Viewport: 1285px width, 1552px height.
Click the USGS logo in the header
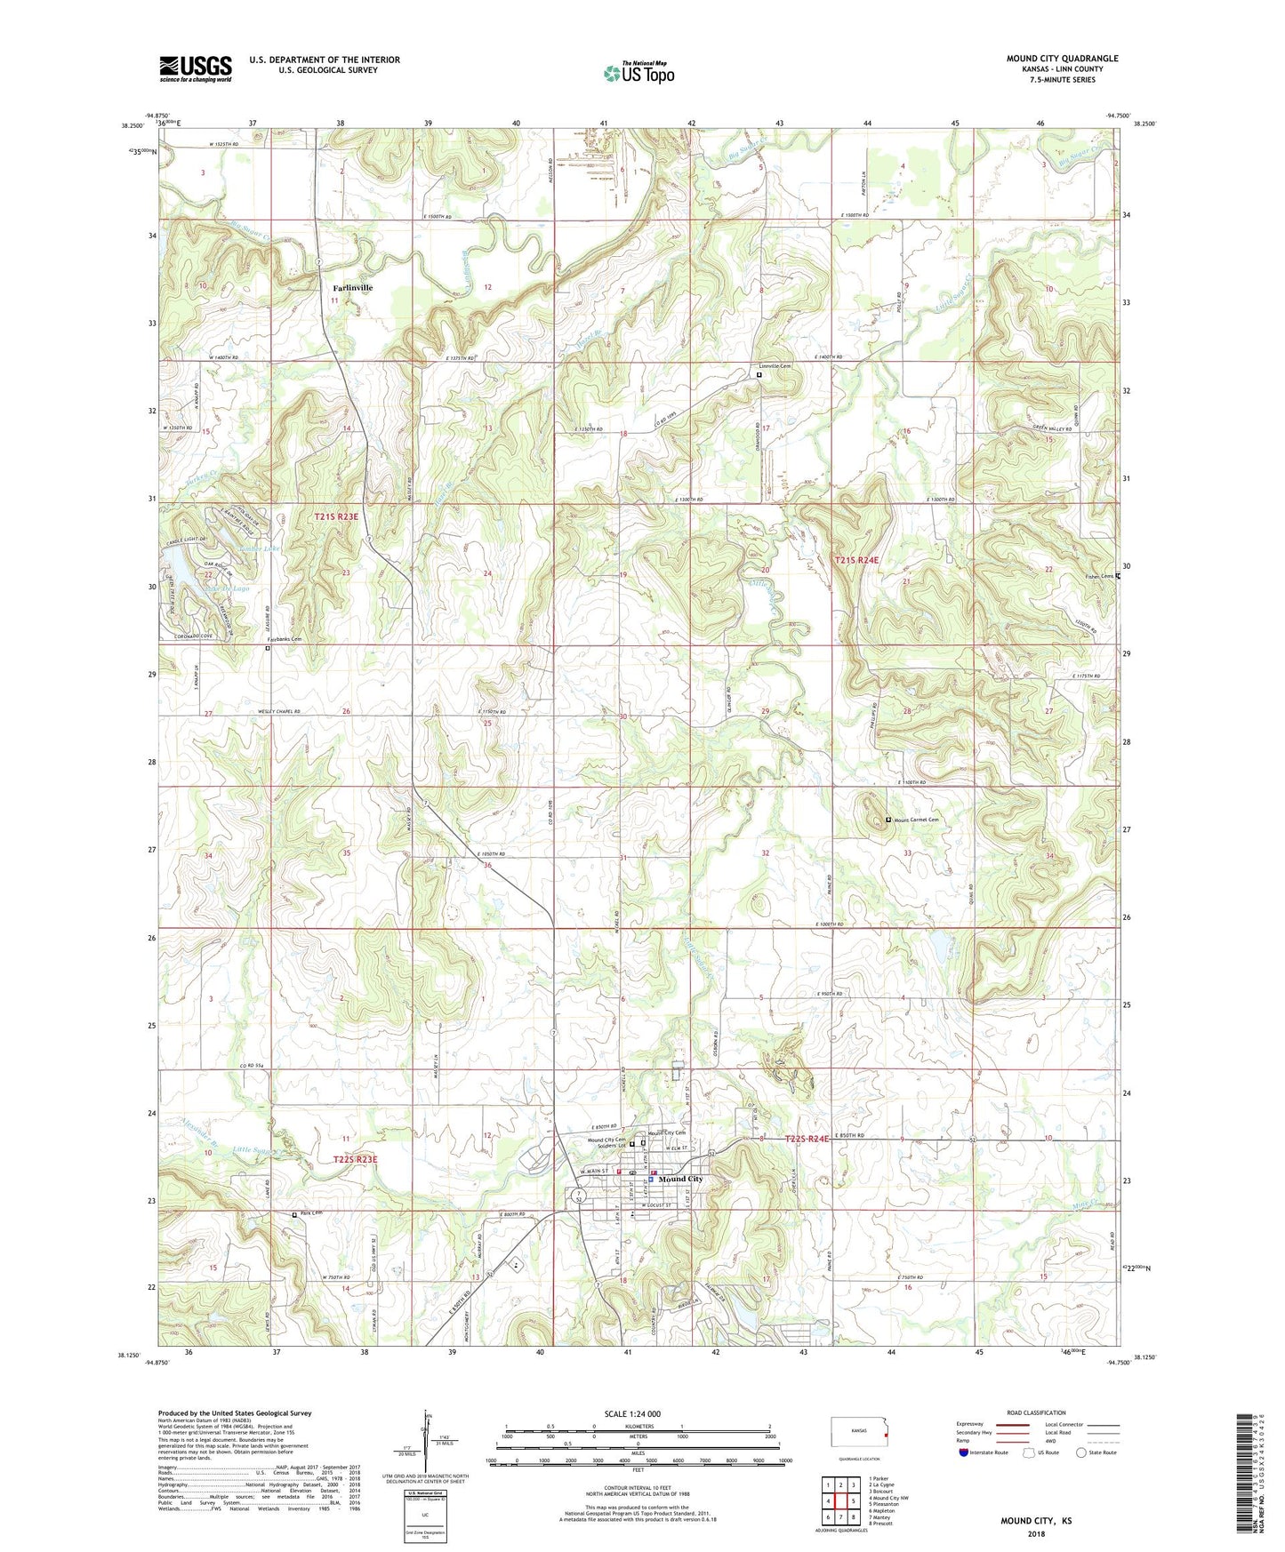[195, 68]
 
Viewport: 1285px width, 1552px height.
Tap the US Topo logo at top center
[638, 73]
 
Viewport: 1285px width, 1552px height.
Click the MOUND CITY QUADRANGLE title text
[1062, 59]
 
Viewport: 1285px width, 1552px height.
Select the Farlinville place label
[353, 288]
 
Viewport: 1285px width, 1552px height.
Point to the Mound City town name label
[680, 1179]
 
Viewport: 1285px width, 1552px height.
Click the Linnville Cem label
[775, 366]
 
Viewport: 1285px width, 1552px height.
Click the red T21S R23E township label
[336, 516]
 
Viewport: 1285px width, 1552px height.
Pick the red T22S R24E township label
[807, 1139]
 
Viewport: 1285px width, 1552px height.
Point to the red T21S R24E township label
[856, 560]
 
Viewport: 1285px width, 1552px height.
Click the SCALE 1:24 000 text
[631, 1414]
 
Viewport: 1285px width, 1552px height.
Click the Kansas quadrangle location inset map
[858, 1434]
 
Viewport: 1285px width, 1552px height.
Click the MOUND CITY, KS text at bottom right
[1036, 1521]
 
